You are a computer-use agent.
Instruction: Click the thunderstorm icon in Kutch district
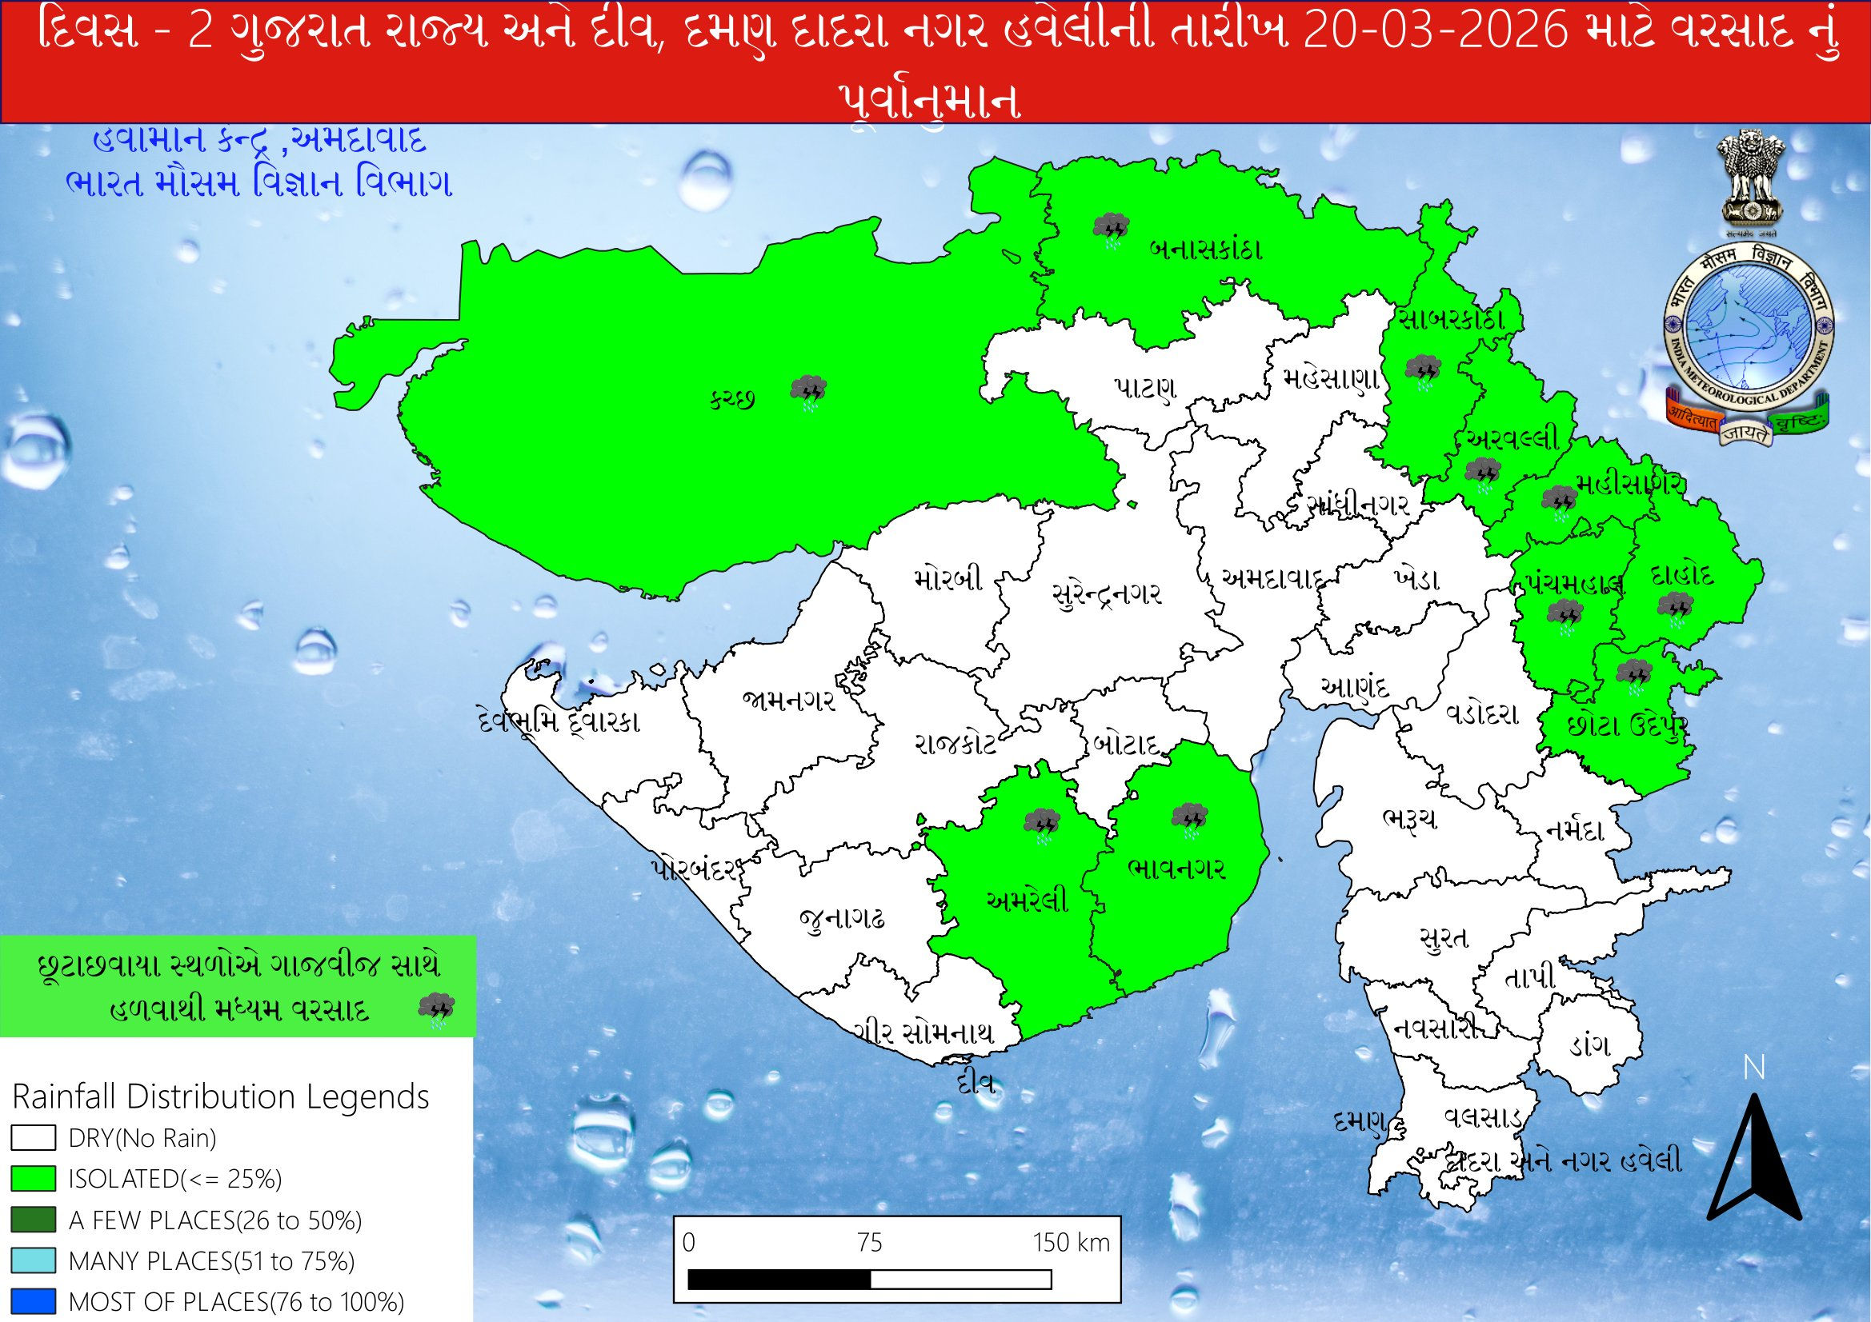point(809,393)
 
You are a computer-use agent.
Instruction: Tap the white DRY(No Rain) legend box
point(34,1137)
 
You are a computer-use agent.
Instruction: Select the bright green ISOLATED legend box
point(34,1179)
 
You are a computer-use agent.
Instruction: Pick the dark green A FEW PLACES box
point(34,1220)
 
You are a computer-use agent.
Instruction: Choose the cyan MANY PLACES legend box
point(34,1261)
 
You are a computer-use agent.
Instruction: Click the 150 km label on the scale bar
point(1071,1242)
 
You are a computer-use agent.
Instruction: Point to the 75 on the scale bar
point(870,1242)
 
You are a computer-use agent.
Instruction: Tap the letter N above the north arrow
point(1753,1068)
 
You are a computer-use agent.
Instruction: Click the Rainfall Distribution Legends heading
point(221,1096)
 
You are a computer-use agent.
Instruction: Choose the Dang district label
point(1589,1045)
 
